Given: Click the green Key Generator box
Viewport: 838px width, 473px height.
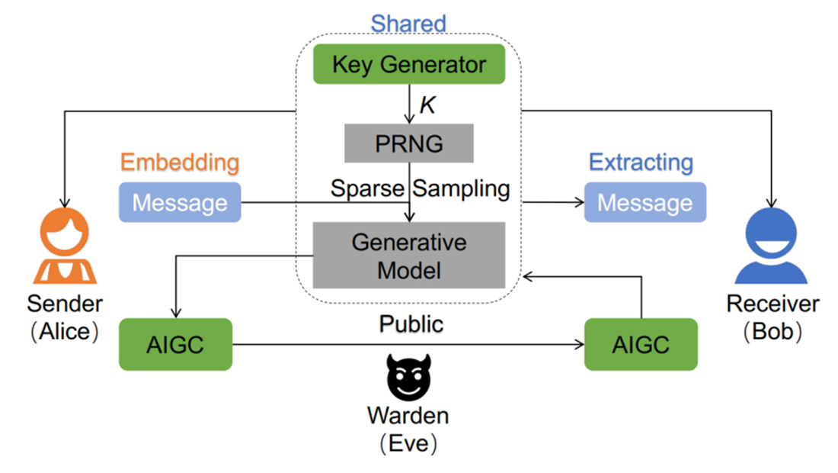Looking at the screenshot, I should point(409,64).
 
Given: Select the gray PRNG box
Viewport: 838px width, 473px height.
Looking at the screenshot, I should point(409,143).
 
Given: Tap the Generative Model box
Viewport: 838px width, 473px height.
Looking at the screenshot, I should point(409,256).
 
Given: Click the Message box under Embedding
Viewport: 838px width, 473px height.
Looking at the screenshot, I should point(180,202).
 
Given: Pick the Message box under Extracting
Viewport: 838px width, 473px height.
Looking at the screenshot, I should point(644,202).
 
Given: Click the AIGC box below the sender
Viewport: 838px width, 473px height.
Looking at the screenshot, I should point(176,344).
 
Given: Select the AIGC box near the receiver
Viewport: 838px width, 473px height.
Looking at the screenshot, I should point(641,344).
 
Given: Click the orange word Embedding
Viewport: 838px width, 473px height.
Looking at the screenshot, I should point(180,162).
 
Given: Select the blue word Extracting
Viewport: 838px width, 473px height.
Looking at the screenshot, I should point(641,162).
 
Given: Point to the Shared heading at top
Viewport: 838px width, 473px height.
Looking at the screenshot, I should point(408,23).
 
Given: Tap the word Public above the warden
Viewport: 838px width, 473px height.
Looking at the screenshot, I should point(411,323).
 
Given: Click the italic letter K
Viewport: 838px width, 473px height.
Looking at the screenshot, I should point(428,105).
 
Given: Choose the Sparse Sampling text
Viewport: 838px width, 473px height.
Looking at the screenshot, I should point(420,188).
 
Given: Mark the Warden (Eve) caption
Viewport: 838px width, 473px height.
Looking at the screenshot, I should point(408,429).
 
